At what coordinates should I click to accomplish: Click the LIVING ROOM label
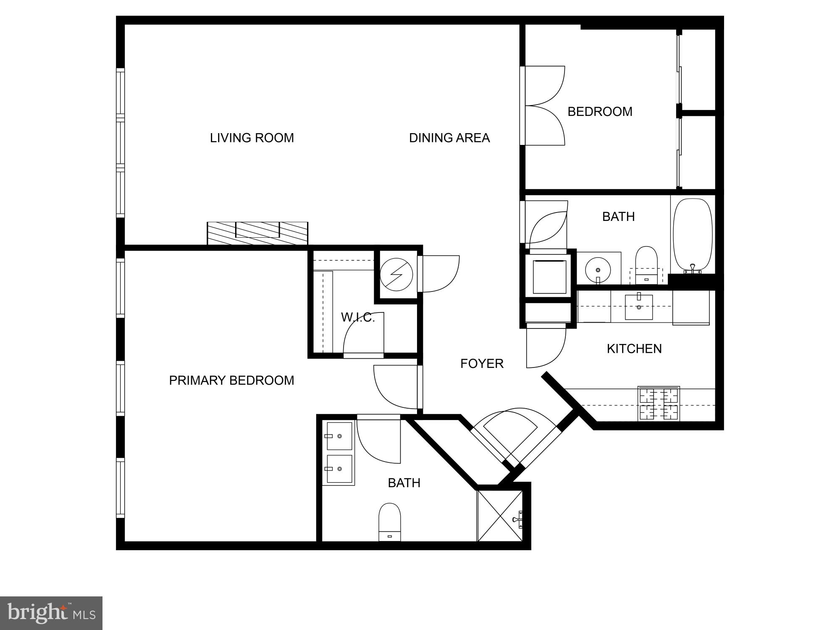tap(252, 138)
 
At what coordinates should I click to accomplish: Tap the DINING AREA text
tap(449, 138)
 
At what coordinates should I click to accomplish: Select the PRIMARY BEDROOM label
tap(231, 380)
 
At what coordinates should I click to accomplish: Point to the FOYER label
tap(482, 363)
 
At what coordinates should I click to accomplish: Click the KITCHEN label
tap(634, 349)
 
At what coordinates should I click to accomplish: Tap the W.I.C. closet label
tap(358, 318)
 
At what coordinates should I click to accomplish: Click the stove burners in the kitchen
tap(659, 404)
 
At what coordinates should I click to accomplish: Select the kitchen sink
tap(639, 307)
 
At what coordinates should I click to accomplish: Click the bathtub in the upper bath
tap(693, 236)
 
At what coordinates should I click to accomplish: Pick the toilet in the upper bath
tap(646, 265)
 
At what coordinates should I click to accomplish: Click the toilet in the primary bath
tap(390, 522)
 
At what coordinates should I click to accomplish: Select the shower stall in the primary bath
tap(500, 516)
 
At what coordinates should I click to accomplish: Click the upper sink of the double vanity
tap(339, 436)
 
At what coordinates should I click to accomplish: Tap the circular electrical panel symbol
tap(396, 275)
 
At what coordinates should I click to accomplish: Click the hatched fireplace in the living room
tap(257, 233)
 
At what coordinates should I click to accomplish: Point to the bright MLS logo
tap(51, 613)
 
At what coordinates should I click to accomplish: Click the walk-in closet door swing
tap(364, 334)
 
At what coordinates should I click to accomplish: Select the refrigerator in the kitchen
tap(691, 308)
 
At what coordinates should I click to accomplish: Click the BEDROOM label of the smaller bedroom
tap(600, 112)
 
